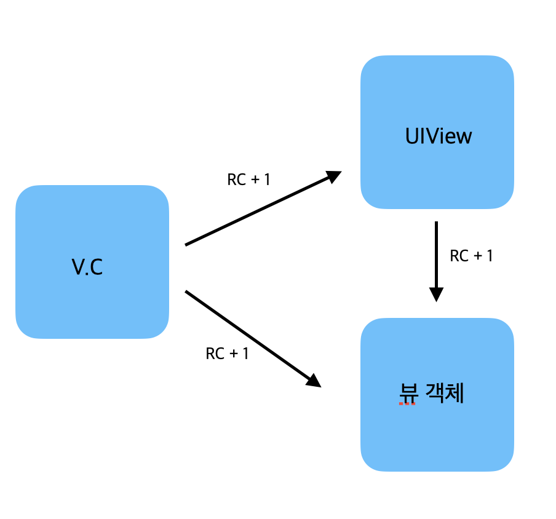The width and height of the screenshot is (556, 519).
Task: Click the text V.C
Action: [x=87, y=267]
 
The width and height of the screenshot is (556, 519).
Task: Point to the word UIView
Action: [x=439, y=136]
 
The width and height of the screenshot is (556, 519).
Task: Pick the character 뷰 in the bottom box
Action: [x=408, y=392]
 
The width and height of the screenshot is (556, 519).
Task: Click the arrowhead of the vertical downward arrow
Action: [x=436, y=294]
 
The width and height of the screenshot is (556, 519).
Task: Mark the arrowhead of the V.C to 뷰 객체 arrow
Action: [x=314, y=381]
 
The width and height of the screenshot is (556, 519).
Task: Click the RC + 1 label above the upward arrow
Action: [x=248, y=180]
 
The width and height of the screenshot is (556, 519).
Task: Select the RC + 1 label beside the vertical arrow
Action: [x=472, y=256]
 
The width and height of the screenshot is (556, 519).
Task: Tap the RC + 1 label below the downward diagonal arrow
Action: [x=227, y=354]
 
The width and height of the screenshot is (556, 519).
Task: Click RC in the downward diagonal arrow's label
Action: [x=215, y=354]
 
